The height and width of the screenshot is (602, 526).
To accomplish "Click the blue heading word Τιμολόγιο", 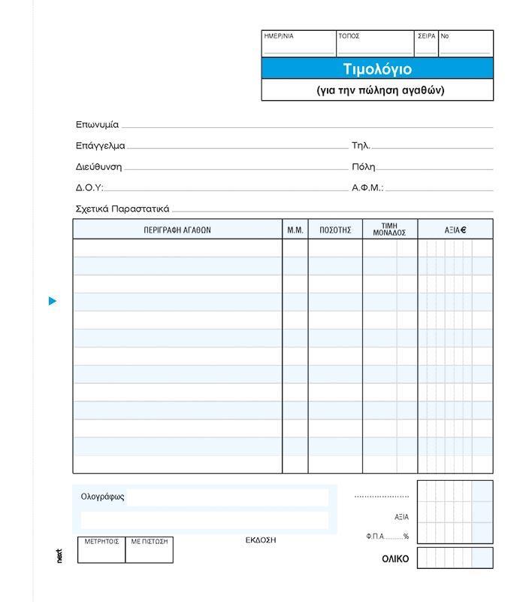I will pyautogui.click(x=377, y=69).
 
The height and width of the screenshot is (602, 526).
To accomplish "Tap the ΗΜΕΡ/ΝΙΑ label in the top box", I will pyautogui.click(x=278, y=36).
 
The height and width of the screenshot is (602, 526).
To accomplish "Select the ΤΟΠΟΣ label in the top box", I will pyautogui.click(x=349, y=36).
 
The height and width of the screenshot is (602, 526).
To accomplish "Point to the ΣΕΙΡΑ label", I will pyautogui.click(x=426, y=36).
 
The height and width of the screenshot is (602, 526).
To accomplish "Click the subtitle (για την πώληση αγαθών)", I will pyautogui.click(x=381, y=90).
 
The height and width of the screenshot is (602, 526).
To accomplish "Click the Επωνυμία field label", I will pyautogui.click(x=97, y=125).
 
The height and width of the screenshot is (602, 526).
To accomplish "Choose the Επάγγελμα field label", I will pyautogui.click(x=100, y=146).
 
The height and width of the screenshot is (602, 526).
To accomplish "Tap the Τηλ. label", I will pyautogui.click(x=361, y=146).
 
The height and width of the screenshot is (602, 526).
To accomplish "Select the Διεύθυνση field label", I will pyautogui.click(x=98, y=167).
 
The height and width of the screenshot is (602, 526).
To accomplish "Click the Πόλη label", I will pyautogui.click(x=363, y=167).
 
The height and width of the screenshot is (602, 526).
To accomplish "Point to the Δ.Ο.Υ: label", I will pyautogui.click(x=89, y=188).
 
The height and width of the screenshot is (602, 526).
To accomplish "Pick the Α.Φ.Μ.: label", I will pyautogui.click(x=367, y=188).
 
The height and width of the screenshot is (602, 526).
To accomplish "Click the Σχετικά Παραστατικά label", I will pyautogui.click(x=122, y=209).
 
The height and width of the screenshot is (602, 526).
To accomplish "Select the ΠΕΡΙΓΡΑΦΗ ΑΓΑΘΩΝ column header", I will pyautogui.click(x=177, y=230).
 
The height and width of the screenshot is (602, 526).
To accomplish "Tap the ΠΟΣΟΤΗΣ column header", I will pyautogui.click(x=335, y=230).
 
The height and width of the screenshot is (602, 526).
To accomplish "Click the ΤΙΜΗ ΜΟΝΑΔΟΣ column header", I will pyautogui.click(x=389, y=230).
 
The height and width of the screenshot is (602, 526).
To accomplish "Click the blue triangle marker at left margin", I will pyautogui.click(x=53, y=301).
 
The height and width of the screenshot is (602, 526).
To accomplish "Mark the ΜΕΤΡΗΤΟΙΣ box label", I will pyautogui.click(x=101, y=541).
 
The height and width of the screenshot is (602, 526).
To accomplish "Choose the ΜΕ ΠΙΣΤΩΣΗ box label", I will pyautogui.click(x=150, y=541).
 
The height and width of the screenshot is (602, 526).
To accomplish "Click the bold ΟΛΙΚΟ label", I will pyautogui.click(x=395, y=559).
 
